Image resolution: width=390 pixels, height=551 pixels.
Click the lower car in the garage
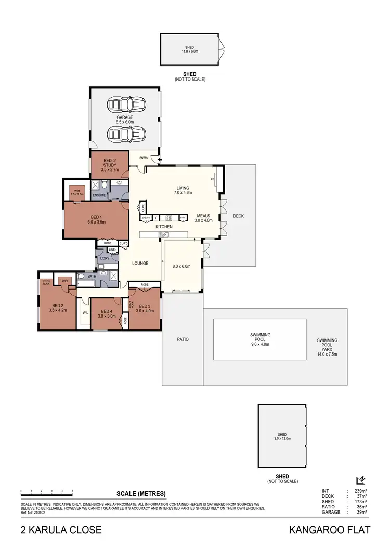125,134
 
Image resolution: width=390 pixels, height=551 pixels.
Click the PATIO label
182,339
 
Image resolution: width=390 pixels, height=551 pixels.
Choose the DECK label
238,216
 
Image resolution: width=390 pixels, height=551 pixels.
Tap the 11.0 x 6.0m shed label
190,49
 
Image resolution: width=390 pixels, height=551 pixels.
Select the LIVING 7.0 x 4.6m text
183,190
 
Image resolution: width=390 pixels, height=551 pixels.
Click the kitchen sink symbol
163,235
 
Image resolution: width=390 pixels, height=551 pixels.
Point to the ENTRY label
144,158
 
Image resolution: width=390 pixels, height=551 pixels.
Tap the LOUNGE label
140,264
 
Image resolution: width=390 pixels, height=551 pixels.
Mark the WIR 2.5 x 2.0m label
77,192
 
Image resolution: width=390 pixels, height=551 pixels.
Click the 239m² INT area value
359,491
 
